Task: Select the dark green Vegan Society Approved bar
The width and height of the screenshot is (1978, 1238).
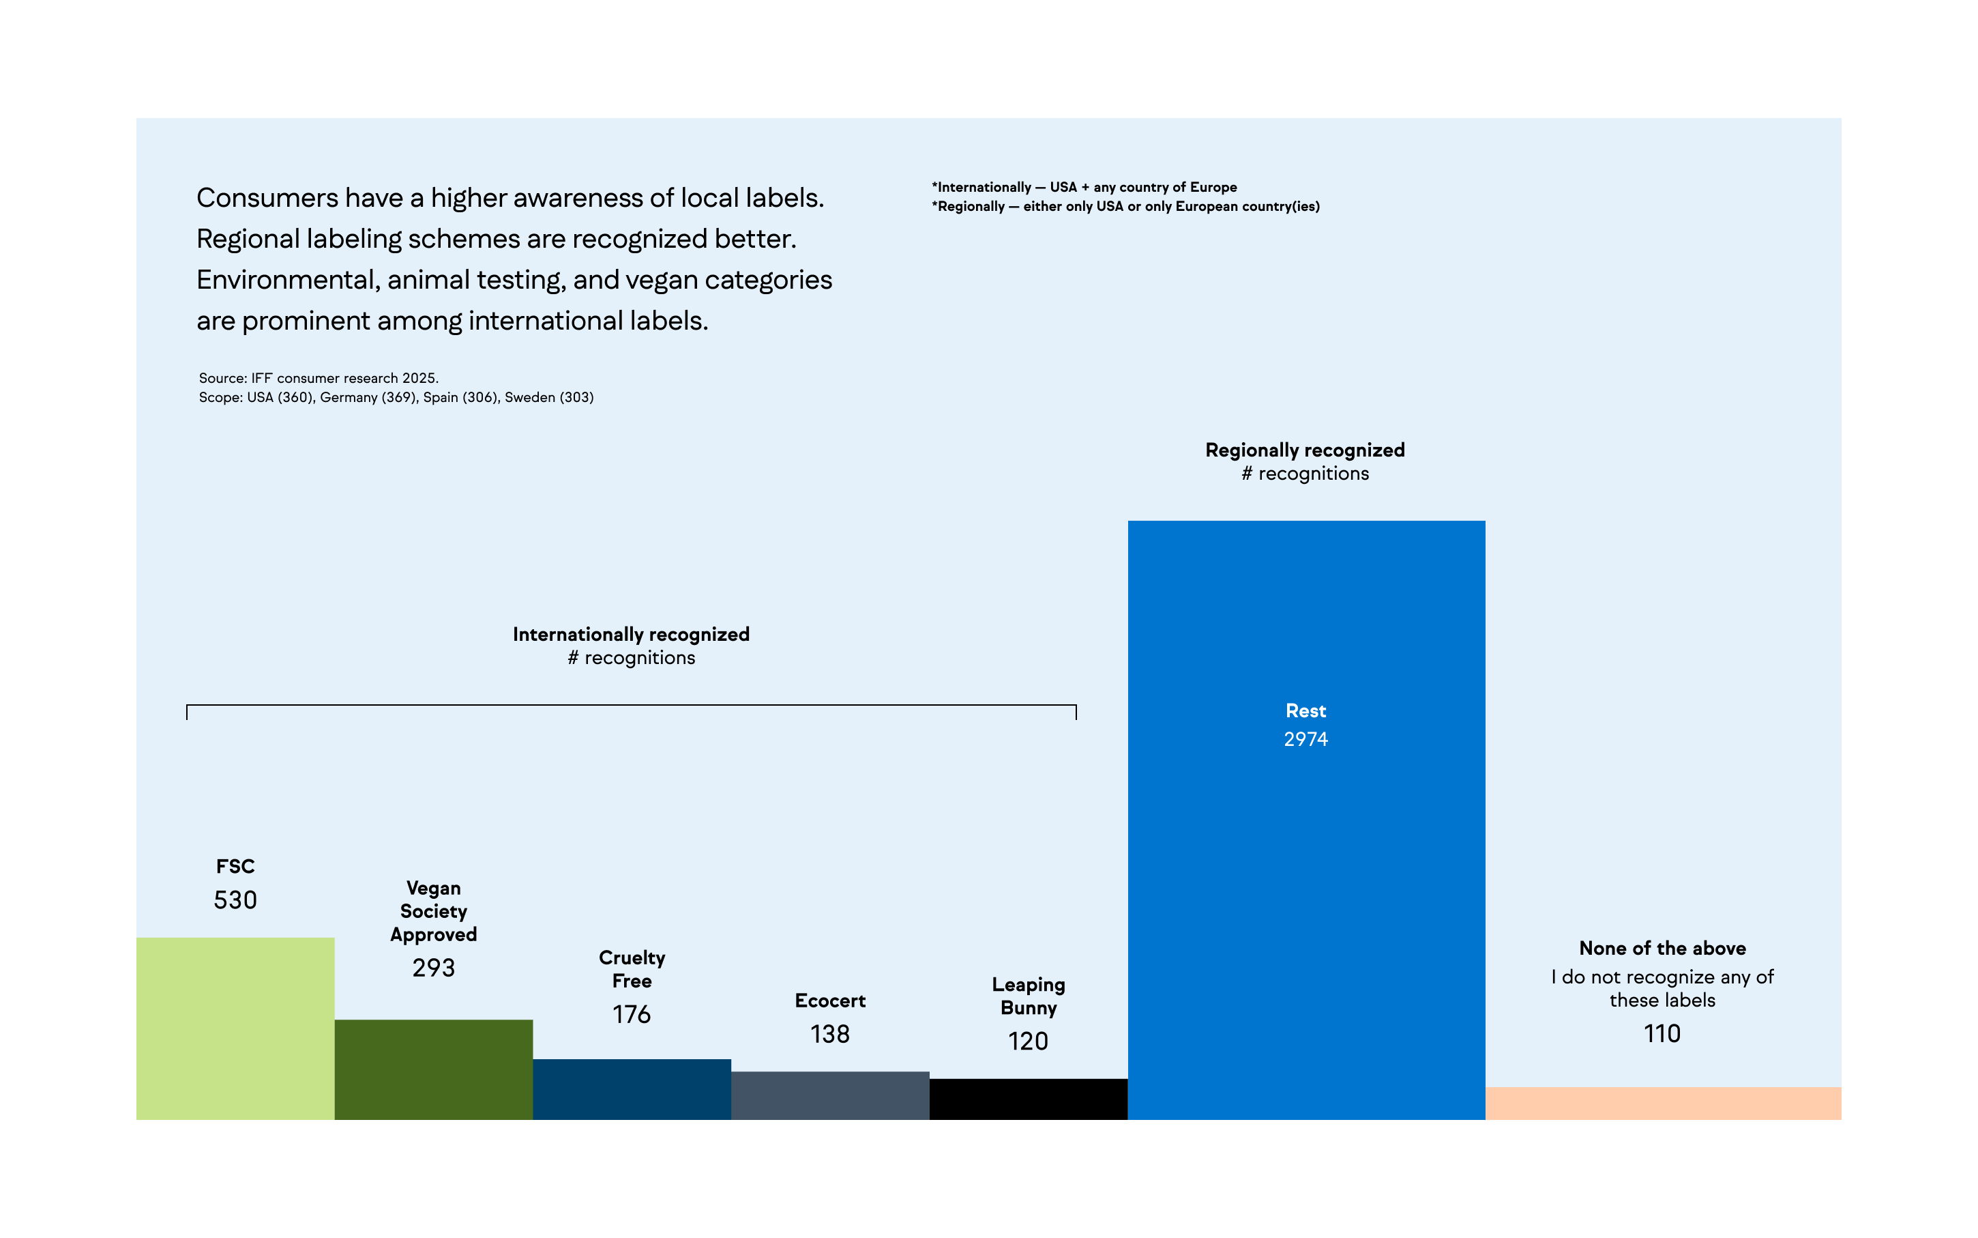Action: [433, 1069]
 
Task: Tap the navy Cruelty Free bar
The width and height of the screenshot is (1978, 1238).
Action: [631, 1089]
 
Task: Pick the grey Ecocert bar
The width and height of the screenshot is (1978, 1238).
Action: [830, 1095]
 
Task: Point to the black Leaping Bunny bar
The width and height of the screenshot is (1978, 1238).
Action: [1028, 1099]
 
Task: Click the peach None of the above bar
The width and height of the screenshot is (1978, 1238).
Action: [1662, 1103]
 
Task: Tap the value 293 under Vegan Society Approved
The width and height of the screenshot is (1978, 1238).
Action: [433, 968]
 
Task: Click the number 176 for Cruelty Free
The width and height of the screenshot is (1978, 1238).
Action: [631, 1014]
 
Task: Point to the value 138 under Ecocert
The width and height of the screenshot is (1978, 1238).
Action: [830, 1034]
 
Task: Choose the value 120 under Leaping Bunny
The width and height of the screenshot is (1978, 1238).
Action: [1028, 1041]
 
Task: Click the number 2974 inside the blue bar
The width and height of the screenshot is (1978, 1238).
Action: [1305, 739]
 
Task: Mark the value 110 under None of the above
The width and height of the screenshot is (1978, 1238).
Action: [1662, 1033]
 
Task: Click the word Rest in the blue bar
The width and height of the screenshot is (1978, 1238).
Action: [1305, 710]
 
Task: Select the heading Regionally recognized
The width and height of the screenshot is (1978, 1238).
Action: [1305, 450]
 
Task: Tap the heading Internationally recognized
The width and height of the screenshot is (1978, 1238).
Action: [631, 635]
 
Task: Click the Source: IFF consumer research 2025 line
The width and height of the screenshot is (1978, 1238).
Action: [319, 378]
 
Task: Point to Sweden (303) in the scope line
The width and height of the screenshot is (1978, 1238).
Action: [548, 397]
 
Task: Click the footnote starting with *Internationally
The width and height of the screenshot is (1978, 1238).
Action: [1084, 188]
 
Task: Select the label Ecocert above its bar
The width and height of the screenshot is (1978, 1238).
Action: [830, 1001]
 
